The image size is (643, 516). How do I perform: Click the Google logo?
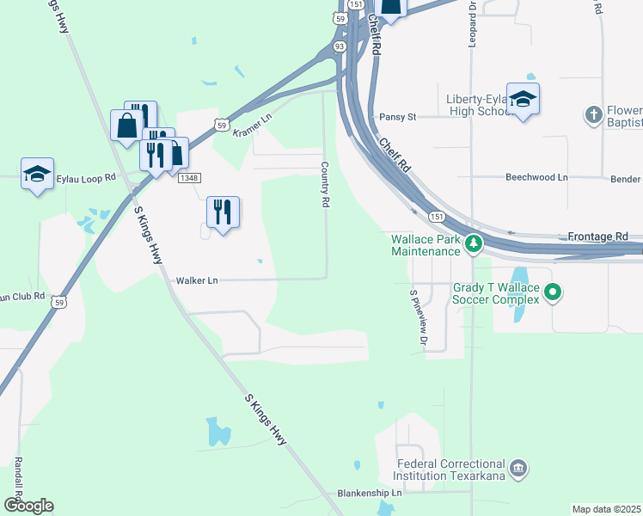point(28,506)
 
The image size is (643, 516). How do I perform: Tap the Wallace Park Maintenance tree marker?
point(473,245)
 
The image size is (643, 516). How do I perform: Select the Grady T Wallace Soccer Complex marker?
point(553,293)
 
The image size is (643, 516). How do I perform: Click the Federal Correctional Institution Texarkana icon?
point(517,469)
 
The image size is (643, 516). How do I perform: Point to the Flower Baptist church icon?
point(593,114)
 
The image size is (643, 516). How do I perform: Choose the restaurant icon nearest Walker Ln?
point(223,212)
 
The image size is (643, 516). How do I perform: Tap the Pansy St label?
point(397,117)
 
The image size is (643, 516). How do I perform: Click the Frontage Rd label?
point(597,236)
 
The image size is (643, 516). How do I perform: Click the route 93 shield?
point(340,46)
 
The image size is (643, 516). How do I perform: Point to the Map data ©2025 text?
point(605,509)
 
